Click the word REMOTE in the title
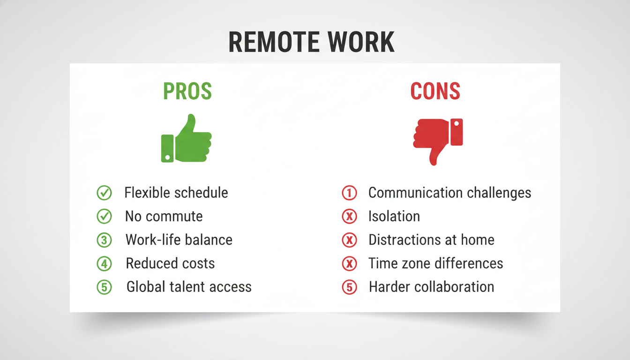tap(274, 42)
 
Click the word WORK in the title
tap(361, 42)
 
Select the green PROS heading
tap(187, 91)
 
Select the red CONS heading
tap(435, 91)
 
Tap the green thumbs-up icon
tap(186, 138)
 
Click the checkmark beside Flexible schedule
tap(104, 193)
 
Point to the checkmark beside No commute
tap(104, 217)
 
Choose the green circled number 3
tap(104, 240)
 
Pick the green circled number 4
tap(104, 264)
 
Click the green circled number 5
tap(104, 287)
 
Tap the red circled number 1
tap(349, 193)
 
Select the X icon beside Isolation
tap(349, 217)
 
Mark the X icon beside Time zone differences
tap(349, 264)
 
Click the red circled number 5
tap(349, 287)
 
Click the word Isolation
tap(394, 216)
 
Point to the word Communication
tap(415, 193)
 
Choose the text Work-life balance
tap(179, 240)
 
